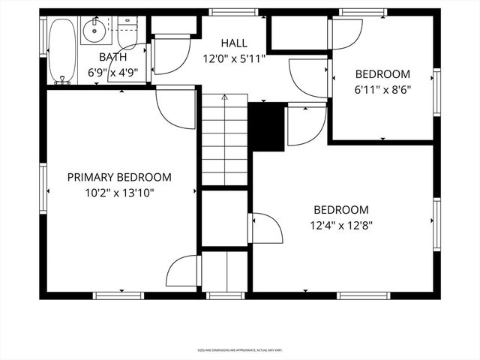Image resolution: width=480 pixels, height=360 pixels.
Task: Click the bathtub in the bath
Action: coord(61,49)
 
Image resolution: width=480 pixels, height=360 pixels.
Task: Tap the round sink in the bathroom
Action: coord(94,32)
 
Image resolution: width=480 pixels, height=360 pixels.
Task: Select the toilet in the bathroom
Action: coord(126,34)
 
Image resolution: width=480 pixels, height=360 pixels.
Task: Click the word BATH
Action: coord(112,57)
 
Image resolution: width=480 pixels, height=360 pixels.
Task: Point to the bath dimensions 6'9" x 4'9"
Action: coord(112,73)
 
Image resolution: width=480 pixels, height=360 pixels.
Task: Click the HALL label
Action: coord(234,43)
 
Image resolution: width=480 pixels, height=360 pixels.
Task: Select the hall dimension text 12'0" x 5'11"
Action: coord(234,58)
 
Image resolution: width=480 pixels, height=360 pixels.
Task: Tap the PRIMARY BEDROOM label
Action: coord(119,178)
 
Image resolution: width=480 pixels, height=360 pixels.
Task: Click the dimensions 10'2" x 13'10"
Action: coord(119,193)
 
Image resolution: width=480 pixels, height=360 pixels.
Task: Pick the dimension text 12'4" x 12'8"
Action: coord(341,224)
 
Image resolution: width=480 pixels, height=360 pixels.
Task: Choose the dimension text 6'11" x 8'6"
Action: coord(382,88)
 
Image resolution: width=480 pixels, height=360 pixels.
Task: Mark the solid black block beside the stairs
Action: coord(265,127)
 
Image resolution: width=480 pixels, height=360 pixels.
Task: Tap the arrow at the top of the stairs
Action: coord(224,97)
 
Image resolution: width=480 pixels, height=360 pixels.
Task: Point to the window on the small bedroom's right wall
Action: coord(436,91)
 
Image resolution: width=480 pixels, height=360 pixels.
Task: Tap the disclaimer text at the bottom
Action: coord(239,349)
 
